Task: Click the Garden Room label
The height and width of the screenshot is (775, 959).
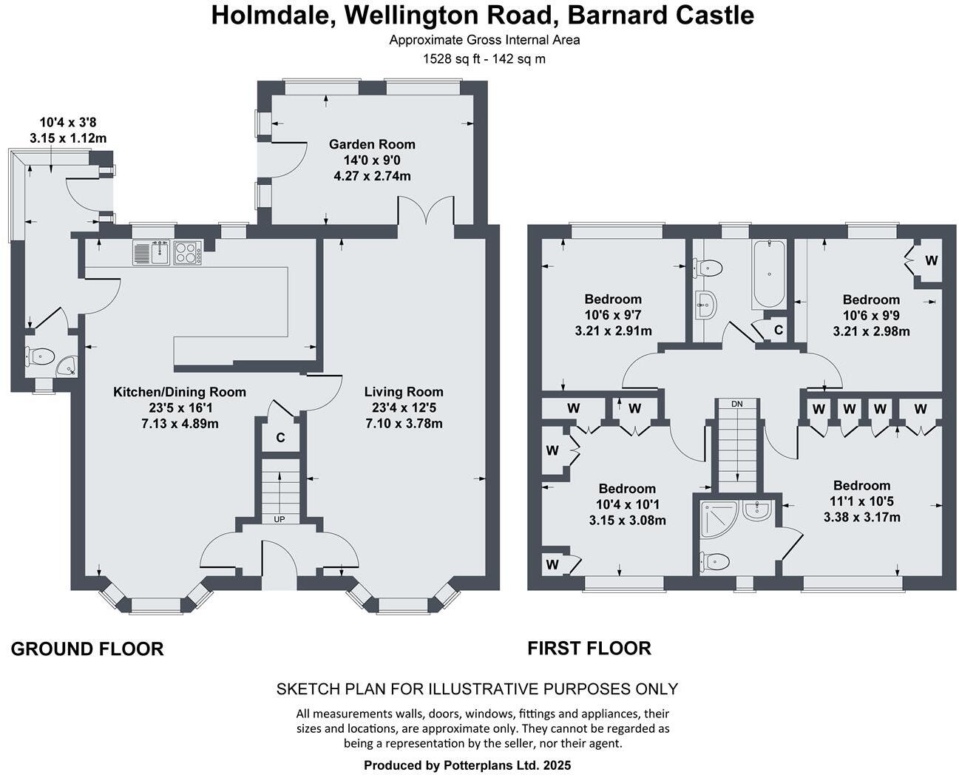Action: pos(372,144)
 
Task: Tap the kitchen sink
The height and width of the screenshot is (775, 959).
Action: pos(152,253)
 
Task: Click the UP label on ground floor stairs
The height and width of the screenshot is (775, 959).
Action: pos(279,519)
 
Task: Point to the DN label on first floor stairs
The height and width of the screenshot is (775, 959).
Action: pos(736,404)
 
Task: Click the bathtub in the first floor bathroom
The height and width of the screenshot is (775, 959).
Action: pos(769,274)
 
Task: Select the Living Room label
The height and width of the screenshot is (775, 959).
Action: pos(404,392)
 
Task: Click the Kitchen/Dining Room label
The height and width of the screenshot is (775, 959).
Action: pos(180,392)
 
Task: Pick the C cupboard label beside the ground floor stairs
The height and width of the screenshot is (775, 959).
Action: pos(280,438)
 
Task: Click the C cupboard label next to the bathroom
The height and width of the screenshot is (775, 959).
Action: pos(778,329)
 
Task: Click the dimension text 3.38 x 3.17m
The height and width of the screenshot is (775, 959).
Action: pos(861,517)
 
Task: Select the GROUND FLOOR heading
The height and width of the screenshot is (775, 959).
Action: pos(87,649)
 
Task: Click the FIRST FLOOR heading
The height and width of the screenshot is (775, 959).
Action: pos(589,649)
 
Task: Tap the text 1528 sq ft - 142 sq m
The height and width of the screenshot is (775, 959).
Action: pos(484,59)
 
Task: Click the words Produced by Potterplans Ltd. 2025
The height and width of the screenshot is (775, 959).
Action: pos(467,765)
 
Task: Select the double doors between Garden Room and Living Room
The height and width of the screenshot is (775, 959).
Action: pos(426,211)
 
